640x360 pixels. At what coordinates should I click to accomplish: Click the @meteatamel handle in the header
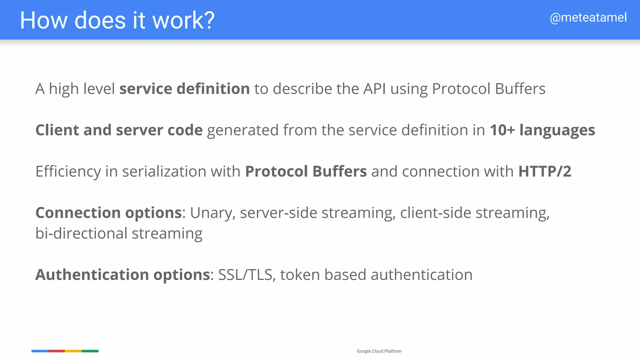coord(588,18)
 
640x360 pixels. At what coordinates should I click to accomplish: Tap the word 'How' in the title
coord(43,21)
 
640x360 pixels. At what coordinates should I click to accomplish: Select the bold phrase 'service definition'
coord(184,89)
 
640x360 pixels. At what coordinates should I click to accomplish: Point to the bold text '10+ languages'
coord(542,130)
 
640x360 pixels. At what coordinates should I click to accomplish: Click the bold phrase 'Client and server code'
coord(119,130)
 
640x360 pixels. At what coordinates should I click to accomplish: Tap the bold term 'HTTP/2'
coord(544,171)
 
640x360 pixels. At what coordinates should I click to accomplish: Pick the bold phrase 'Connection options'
coord(108,213)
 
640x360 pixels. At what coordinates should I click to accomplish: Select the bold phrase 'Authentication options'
coord(122,275)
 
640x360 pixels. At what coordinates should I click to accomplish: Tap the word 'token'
coord(300,275)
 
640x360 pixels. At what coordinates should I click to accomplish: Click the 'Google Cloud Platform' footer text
coord(379,351)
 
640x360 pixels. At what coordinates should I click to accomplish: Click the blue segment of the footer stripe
coord(40,351)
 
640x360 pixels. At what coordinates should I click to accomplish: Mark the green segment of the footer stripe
coord(90,351)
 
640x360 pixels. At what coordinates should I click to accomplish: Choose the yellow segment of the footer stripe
coord(73,351)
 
